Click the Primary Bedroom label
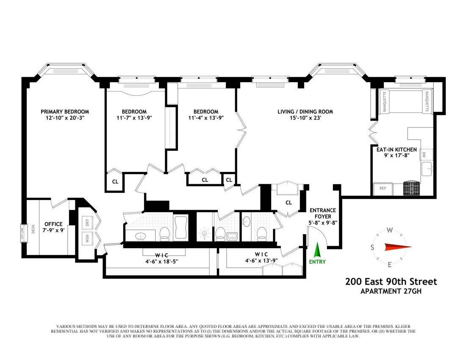tap(65, 112)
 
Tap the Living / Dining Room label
tap(305, 112)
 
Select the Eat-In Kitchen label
tap(397, 150)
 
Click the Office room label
tap(53, 224)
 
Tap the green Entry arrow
tap(317, 249)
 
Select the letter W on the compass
tap(390, 230)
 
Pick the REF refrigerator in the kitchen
tap(383, 188)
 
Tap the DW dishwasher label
tap(424, 155)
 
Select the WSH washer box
tap(87, 238)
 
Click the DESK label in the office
tap(33, 228)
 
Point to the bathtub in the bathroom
tap(181, 227)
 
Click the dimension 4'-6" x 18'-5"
tap(162, 261)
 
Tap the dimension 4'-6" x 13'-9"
tap(261, 260)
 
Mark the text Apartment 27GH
tap(391, 291)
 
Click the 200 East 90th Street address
tap(391, 282)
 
